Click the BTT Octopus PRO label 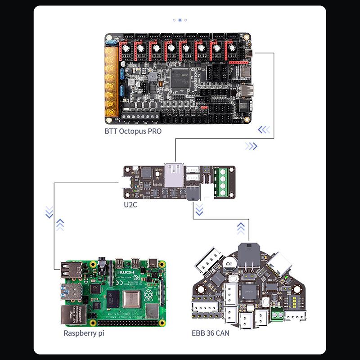click(x=133, y=132)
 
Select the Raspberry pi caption click(x=85, y=333)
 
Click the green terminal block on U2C click(x=220, y=181)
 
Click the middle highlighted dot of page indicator click(x=180, y=20)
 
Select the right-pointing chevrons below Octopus click(x=251, y=146)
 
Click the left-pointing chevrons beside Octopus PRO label click(x=264, y=130)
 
